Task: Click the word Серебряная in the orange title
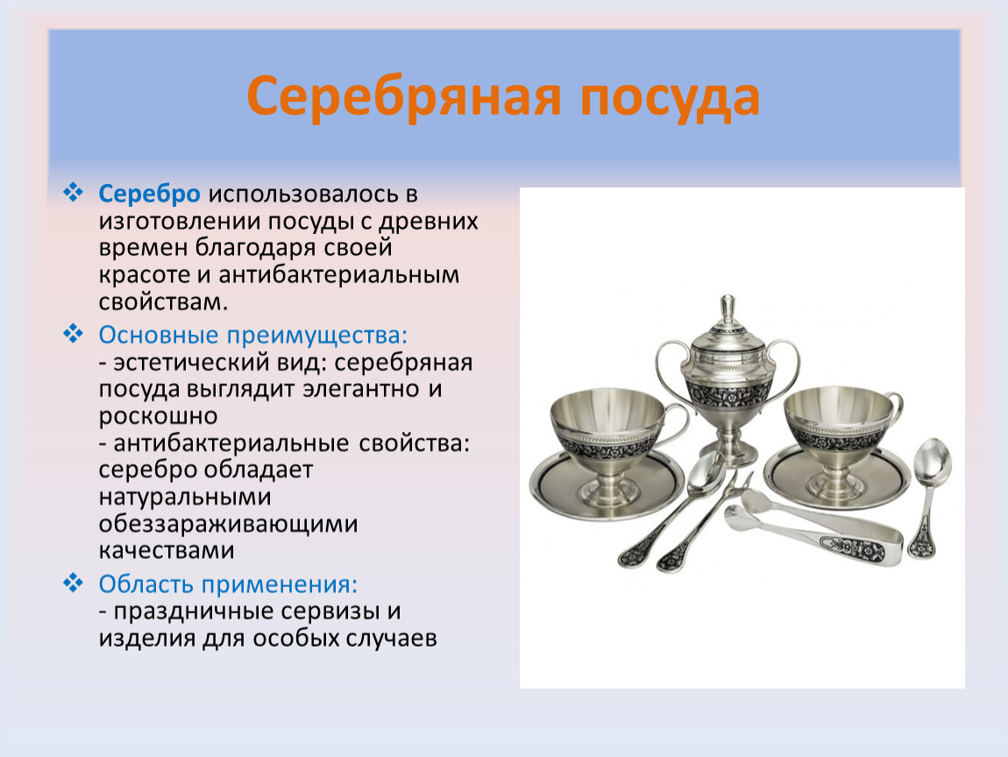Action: [x=404, y=97]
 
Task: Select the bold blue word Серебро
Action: [x=149, y=195]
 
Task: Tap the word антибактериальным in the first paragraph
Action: [x=339, y=275]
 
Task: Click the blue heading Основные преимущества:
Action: [x=253, y=336]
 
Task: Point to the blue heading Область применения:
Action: [x=228, y=584]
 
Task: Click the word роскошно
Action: [x=158, y=417]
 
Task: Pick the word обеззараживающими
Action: [x=228, y=524]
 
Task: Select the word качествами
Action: [x=167, y=551]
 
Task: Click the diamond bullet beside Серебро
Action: [x=74, y=192]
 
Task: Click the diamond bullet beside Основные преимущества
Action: [x=74, y=334]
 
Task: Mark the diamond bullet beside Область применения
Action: [x=74, y=583]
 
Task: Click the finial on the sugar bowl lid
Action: [x=728, y=310]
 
